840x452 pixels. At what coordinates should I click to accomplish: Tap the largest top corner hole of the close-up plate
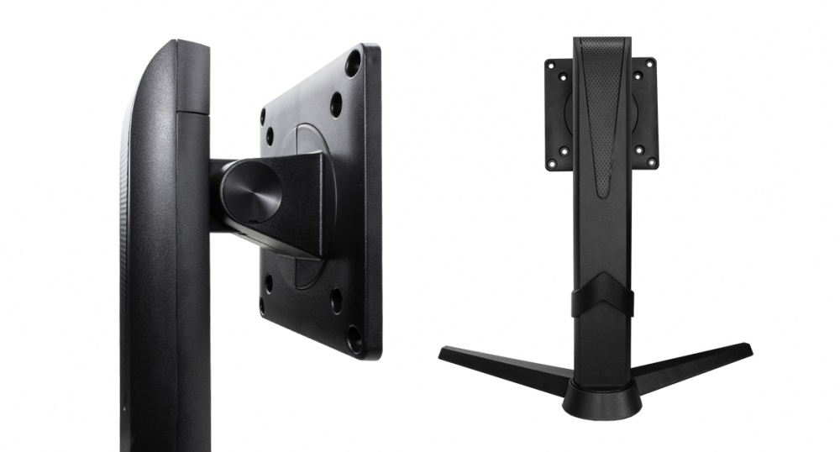click(353, 62)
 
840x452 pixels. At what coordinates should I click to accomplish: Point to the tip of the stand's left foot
click(443, 352)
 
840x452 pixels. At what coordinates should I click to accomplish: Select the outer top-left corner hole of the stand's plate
click(551, 65)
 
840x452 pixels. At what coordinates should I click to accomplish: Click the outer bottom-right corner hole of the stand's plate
click(652, 161)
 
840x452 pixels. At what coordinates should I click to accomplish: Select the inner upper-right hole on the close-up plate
click(336, 104)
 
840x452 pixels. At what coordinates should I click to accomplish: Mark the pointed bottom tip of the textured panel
click(602, 195)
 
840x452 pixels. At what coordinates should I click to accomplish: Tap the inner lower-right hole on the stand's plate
click(638, 151)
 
